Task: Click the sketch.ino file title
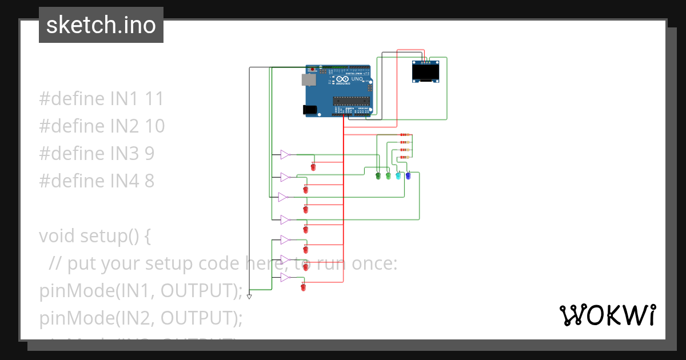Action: click(101, 25)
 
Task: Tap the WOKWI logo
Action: click(607, 315)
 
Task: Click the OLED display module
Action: click(426, 73)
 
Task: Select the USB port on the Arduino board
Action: click(309, 79)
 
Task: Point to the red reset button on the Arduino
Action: click(313, 70)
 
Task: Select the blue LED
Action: click(408, 176)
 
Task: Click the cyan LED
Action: click(398, 176)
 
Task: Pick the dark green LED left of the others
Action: click(378, 176)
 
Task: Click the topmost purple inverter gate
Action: click(285, 154)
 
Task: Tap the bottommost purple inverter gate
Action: click(285, 278)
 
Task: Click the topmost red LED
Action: click(313, 167)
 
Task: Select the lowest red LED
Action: click(303, 287)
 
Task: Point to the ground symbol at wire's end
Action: click(249, 297)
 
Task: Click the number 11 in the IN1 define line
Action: click(154, 99)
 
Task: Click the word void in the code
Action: click(57, 235)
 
